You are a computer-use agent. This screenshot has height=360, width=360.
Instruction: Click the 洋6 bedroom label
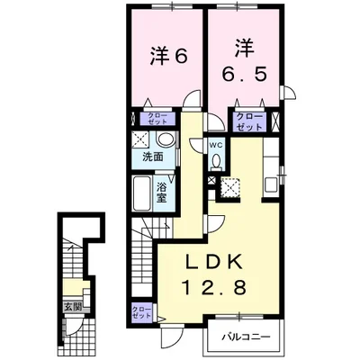click(x=166, y=56)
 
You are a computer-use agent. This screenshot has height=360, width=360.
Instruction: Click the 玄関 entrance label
click(x=71, y=306)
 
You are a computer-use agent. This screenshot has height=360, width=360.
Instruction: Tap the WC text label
click(x=217, y=144)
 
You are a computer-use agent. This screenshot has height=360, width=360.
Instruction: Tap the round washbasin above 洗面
click(x=165, y=140)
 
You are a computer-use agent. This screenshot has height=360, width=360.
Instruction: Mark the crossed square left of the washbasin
click(x=142, y=139)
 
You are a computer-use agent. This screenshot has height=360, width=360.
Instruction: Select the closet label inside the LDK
click(x=142, y=314)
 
